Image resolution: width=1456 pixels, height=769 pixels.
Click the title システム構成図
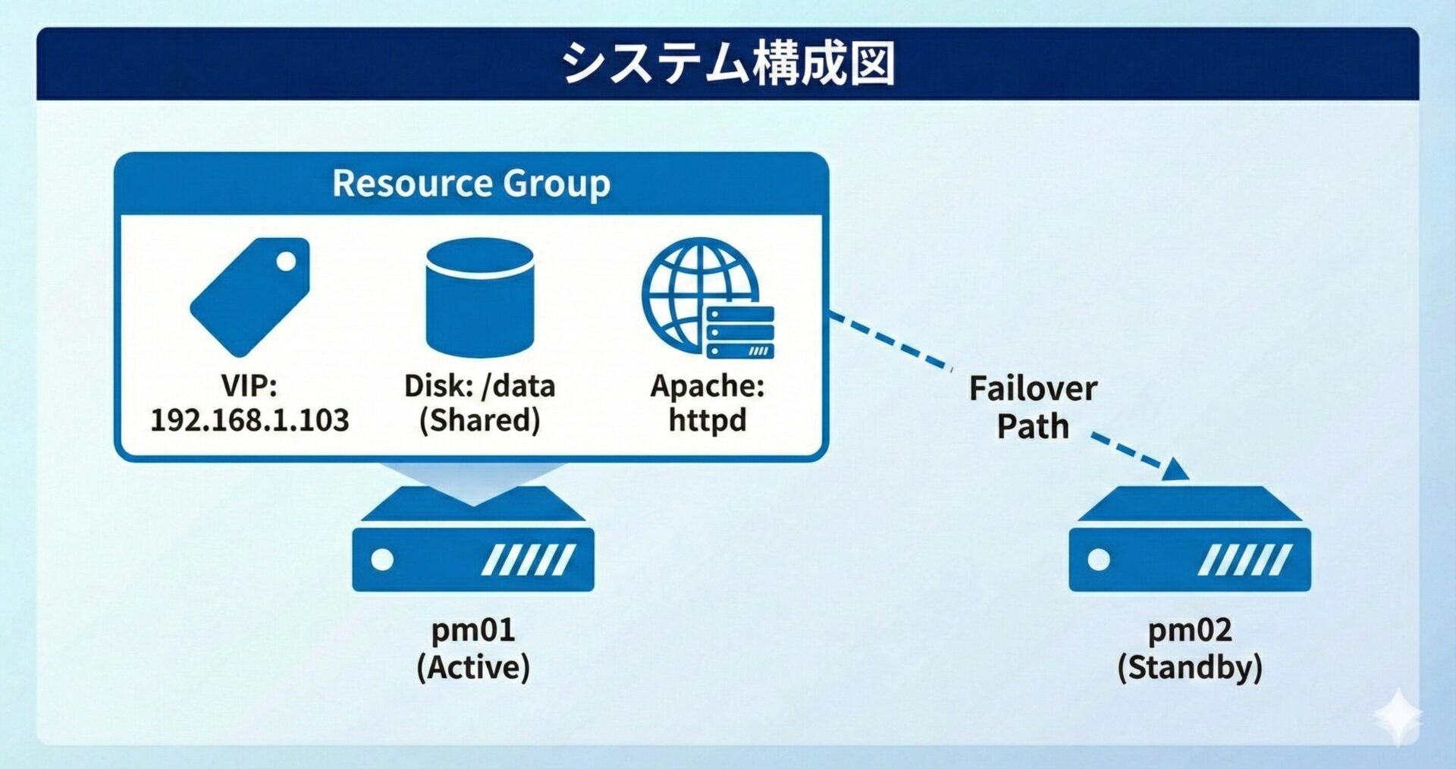(x=728, y=63)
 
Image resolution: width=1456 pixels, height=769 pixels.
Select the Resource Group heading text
(x=471, y=184)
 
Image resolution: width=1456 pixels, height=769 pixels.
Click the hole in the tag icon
(x=287, y=262)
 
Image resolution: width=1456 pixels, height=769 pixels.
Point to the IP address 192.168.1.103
(x=249, y=420)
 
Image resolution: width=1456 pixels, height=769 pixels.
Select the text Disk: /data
(x=479, y=386)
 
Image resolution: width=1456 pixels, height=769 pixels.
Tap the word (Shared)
(x=479, y=420)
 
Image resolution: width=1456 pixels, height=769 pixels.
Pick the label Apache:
(x=708, y=386)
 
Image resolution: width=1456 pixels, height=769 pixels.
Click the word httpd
(x=708, y=420)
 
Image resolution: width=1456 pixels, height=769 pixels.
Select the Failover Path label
(x=1033, y=407)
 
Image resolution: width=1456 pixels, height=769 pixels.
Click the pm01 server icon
(x=472, y=540)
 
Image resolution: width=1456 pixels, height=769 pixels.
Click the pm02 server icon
(x=1189, y=540)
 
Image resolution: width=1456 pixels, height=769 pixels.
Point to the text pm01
(x=472, y=629)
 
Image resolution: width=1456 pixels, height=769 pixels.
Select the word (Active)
(x=472, y=667)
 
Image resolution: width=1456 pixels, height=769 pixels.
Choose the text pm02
(x=1189, y=629)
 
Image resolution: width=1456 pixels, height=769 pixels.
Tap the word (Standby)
(x=1189, y=667)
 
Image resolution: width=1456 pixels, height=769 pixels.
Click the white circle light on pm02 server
(x=1099, y=560)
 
